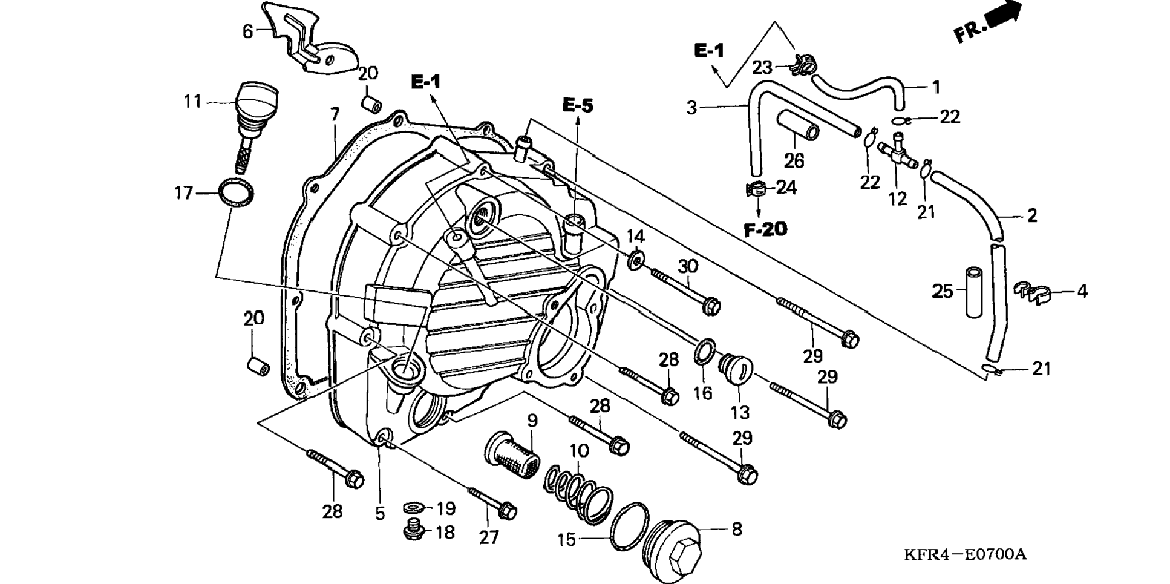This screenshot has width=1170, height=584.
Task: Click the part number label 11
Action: tap(192, 101)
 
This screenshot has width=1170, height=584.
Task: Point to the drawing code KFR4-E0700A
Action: tap(965, 554)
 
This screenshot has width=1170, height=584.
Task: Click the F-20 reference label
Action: tap(765, 229)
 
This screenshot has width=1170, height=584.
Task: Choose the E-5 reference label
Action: tap(578, 105)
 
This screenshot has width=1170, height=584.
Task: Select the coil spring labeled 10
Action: tap(578, 488)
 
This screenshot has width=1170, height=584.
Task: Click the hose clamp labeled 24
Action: tap(757, 189)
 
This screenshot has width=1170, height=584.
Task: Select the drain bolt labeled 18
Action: tap(414, 531)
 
